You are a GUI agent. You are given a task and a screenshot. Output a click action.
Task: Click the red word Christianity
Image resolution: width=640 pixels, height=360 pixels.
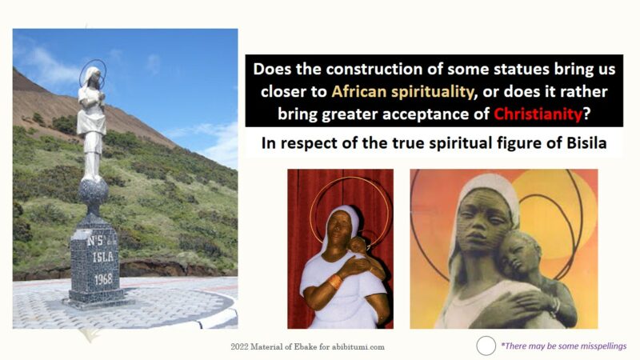538,114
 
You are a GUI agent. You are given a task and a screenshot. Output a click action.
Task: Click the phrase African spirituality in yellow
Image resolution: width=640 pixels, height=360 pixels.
402,91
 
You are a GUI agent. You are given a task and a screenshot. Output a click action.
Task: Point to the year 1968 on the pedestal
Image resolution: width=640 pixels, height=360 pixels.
103,279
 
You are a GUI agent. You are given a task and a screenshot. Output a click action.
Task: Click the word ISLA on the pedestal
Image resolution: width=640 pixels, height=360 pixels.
102,257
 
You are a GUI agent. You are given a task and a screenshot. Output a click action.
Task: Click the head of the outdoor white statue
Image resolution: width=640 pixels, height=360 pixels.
93,77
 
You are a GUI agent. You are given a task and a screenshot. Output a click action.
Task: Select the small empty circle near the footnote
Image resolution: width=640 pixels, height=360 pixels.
486,346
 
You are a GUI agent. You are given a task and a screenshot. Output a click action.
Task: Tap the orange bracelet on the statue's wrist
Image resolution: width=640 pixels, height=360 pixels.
335,282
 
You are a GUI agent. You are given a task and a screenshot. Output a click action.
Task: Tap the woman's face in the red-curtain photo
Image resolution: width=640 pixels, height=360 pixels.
338,228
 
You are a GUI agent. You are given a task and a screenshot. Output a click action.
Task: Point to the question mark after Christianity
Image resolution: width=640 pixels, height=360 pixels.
587,114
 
